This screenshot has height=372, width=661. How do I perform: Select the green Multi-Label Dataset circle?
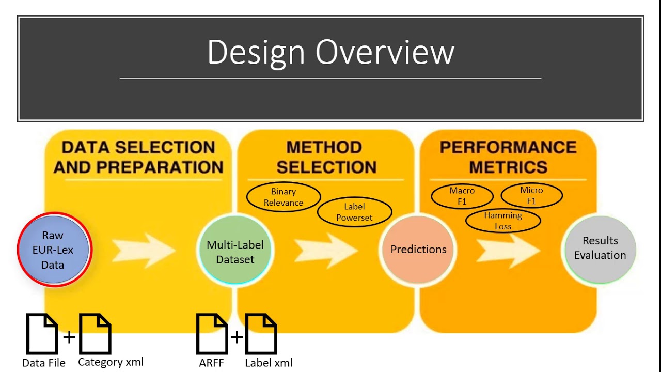tap(235, 250)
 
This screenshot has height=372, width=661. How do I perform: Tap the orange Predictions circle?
tap(418, 250)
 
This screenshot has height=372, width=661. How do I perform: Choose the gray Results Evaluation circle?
tap(600, 250)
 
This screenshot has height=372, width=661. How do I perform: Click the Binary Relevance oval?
tap(284, 197)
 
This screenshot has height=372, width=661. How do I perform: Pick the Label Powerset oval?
tap(354, 212)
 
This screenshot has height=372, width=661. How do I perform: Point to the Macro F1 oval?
tap(462, 196)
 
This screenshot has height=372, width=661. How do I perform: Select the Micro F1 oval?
tap(531, 195)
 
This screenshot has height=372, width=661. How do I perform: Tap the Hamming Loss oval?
tap(503, 221)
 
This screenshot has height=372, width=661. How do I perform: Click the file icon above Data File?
tap(42, 334)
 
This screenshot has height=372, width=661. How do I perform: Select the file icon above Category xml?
tap(95, 334)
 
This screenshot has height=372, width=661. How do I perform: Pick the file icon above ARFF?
tap(212, 334)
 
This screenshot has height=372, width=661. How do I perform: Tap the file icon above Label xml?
tap(261, 334)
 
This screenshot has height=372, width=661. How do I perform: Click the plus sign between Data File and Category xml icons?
tap(69, 337)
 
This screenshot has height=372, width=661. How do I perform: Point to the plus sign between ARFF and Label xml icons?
tap(237, 337)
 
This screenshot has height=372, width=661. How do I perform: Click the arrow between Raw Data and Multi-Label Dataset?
tap(144, 251)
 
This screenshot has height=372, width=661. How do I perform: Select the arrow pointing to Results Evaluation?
tap(508, 251)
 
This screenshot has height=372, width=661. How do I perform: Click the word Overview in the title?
tap(385, 52)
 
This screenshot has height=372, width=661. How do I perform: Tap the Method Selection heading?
tap(326, 157)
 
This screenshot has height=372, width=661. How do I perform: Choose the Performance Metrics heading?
tap(508, 157)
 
